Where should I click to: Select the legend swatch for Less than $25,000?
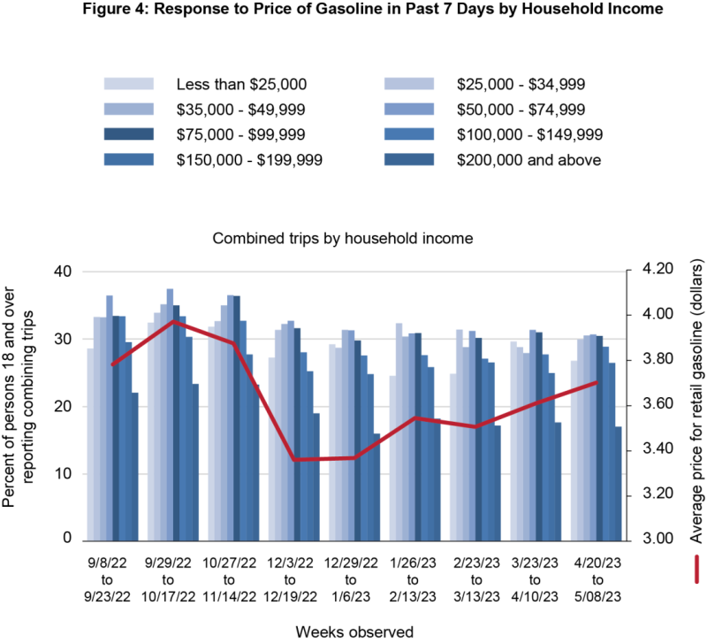coord(129,84)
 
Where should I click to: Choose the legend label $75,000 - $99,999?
coord(241,134)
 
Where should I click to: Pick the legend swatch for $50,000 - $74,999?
coord(409,110)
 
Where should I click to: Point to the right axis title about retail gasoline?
coord(695,402)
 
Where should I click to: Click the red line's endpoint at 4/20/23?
coord(598,382)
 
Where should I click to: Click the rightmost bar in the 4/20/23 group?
coord(619,483)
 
